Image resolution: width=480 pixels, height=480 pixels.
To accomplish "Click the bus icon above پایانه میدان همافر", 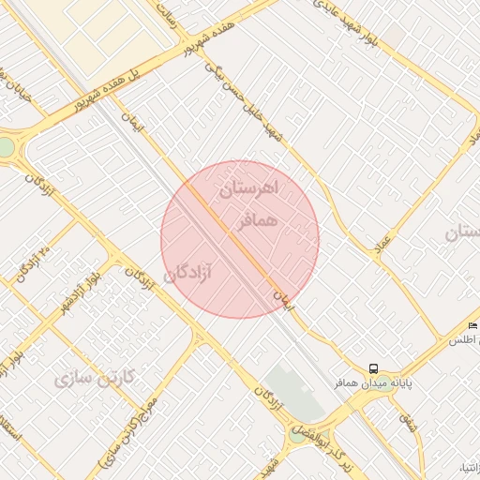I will [374, 368].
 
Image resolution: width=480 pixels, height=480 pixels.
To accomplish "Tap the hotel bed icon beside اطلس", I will [472, 324].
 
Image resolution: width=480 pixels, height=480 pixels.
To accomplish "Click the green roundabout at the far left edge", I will [6, 148].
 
